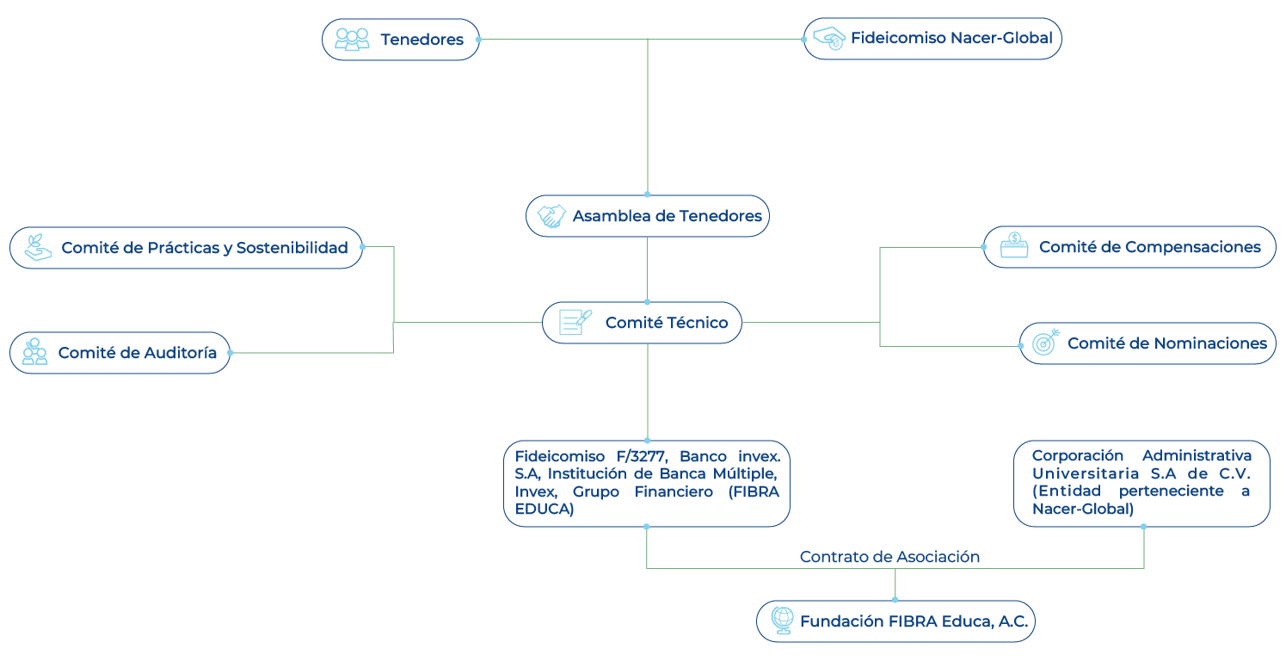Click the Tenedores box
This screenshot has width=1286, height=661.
tap(401, 40)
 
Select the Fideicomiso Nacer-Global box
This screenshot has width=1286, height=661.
tap(932, 39)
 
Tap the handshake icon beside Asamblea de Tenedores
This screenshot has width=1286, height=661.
tap(551, 217)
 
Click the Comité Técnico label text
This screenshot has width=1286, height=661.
tap(667, 323)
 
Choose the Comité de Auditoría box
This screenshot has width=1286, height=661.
tap(120, 353)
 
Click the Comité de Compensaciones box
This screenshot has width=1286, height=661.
tap(1129, 247)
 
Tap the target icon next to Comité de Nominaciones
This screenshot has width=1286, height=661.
tap(1045, 343)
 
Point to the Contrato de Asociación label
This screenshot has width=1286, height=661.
tap(889, 557)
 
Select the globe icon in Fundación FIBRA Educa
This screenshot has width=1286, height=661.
tap(782, 621)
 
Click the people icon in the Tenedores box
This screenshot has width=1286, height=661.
tap(352, 40)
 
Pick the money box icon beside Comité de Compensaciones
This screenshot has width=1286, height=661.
tap(1014, 246)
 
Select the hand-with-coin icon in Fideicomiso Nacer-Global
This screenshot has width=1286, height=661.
tap(829, 39)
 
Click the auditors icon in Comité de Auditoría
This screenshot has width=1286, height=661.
tap(34, 351)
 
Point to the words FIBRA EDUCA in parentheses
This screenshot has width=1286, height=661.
tap(647, 500)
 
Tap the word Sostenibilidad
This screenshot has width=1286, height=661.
tap(292, 248)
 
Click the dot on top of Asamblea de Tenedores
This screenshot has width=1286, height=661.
tap(647, 195)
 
